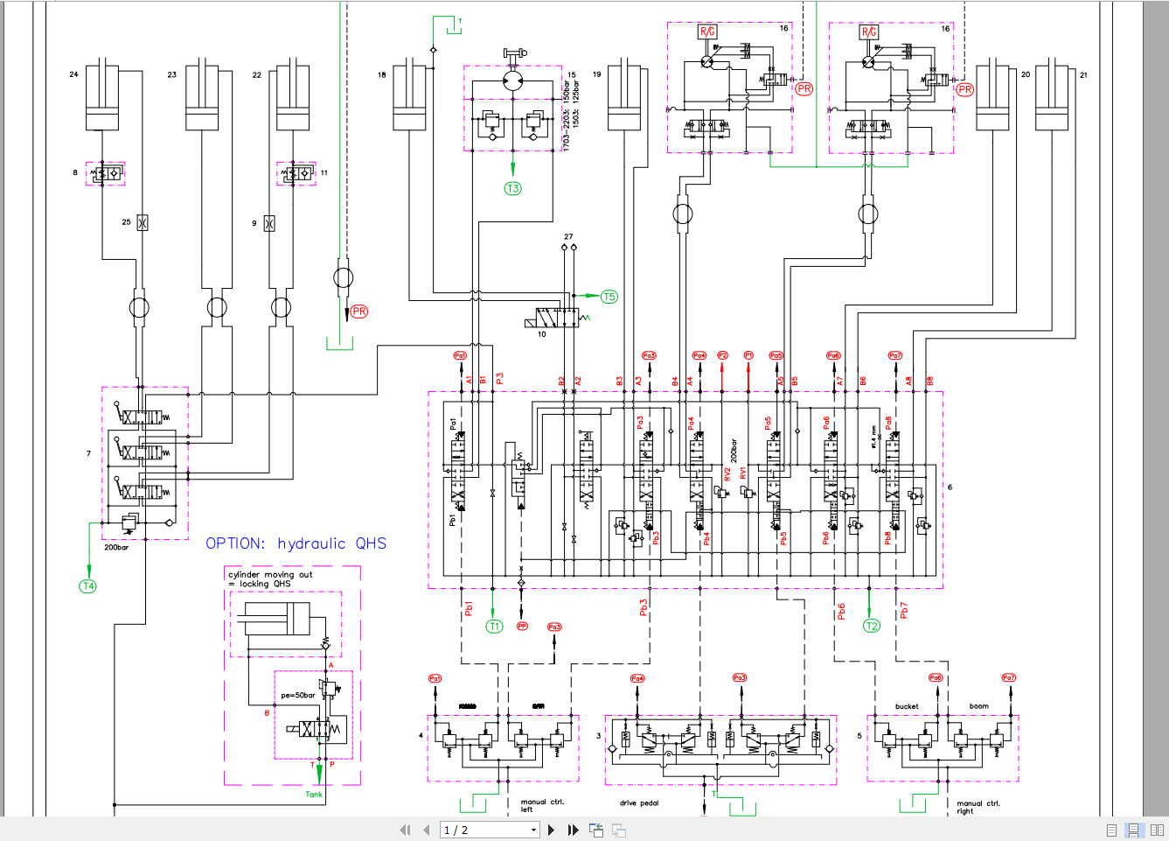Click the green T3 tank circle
pos(513,188)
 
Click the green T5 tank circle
pos(609,297)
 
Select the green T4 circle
pos(88,586)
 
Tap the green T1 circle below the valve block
pos(495,626)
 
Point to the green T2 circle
pos(872,626)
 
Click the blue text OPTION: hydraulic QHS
pos(296,543)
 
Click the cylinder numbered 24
pos(102,96)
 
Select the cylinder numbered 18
pos(409,96)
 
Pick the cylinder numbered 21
pos(1052,96)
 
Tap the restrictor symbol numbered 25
pos(143,222)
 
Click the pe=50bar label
pos(297,696)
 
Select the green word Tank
pos(314,795)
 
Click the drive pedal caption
pos(639,802)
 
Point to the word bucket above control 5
pos(907,706)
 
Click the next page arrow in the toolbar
pos(551,830)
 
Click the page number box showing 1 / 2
pos(489,830)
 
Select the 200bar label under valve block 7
pos(116,548)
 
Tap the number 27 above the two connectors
pos(568,236)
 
